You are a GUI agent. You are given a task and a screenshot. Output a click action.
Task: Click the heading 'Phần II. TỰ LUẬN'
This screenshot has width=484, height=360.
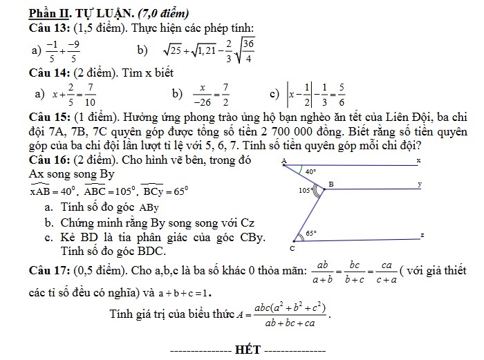(75, 13)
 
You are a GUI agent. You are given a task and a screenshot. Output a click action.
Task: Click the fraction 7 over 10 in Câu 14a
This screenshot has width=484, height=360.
(90, 93)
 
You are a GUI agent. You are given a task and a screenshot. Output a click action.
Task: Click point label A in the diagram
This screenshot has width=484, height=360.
(283, 161)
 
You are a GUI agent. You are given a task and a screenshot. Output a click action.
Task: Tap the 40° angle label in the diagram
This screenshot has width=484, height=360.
(311, 171)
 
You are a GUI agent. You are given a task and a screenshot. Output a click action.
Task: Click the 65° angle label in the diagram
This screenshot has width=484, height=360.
(311, 233)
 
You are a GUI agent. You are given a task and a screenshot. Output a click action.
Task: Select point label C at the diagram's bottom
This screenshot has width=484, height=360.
(292, 247)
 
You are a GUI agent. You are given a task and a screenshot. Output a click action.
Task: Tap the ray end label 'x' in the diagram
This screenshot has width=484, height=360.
(418, 160)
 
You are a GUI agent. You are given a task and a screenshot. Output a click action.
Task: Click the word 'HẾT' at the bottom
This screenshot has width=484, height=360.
(247, 349)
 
